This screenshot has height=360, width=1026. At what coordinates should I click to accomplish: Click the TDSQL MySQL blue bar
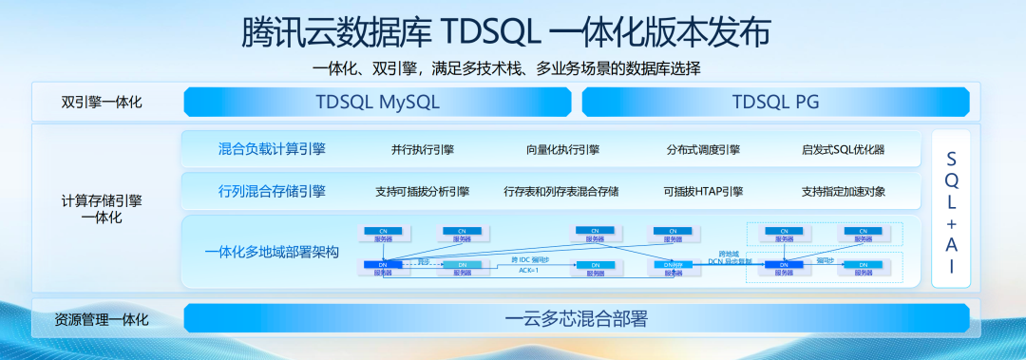coord(377,102)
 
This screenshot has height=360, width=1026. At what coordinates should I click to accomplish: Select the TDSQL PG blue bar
coord(775,102)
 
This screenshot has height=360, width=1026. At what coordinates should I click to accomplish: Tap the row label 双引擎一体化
coord(102,102)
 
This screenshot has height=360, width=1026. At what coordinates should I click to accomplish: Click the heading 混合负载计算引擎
coord(272,149)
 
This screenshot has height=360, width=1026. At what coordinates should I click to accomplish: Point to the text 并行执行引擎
coord(422,150)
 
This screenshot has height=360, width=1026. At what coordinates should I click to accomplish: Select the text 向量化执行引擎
coord(562,150)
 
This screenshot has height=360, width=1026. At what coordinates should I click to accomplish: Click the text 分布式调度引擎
coord(703,150)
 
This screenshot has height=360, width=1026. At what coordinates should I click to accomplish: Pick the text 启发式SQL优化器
coord(843,150)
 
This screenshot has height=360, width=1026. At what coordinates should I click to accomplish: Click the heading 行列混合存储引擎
coord(272,191)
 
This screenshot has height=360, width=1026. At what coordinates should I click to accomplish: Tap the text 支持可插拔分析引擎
coord(422,192)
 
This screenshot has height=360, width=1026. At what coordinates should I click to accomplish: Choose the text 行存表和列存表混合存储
coord(561,192)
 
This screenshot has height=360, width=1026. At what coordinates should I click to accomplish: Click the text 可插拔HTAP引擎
coord(703,192)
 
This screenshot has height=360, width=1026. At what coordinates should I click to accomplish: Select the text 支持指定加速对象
coord(843,192)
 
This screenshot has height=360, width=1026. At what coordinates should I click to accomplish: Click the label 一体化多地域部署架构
coord(272,252)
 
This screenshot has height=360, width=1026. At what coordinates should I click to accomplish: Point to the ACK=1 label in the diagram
coord(528,271)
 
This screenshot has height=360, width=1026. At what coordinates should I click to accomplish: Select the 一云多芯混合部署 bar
coord(581,318)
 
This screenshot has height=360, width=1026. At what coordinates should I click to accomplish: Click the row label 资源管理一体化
coord(102,319)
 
